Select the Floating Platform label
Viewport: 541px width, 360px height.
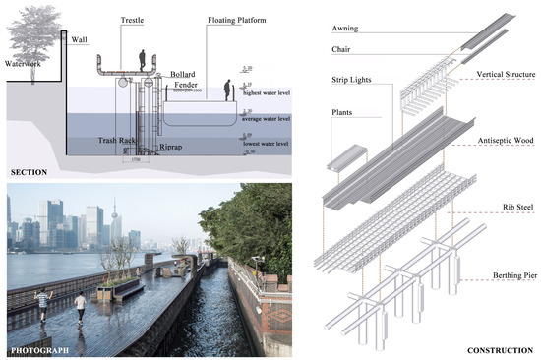234,20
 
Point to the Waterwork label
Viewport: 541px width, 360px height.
23,64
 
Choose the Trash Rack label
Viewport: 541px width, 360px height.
117,141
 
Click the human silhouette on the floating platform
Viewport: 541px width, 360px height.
230,90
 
